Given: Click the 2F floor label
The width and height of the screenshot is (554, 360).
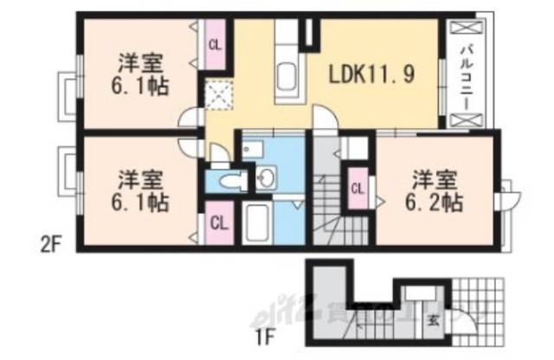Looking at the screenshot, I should (50, 244).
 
